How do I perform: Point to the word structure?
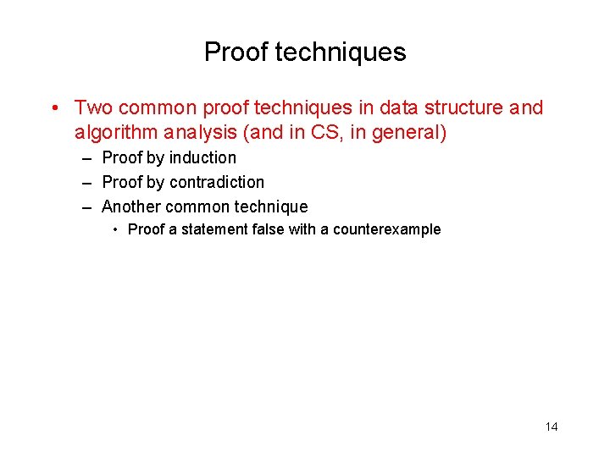click(465, 108)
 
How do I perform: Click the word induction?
click(202, 157)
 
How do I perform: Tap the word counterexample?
click(387, 229)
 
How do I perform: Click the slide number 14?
click(552, 427)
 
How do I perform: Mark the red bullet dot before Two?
click(53, 108)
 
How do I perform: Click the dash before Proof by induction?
click(88, 158)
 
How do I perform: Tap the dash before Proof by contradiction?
click(88, 183)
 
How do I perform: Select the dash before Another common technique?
click(88, 207)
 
